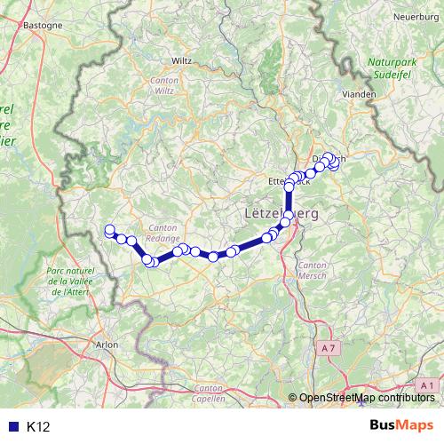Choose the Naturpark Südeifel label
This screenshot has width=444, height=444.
click(393, 69)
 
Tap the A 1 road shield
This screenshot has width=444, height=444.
click(427, 384)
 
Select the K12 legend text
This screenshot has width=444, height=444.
click(38, 427)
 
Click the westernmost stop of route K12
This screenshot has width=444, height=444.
click(110, 230)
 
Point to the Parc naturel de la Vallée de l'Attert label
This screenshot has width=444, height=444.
click(74, 280)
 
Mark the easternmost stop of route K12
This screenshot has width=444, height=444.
click(335, 163)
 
